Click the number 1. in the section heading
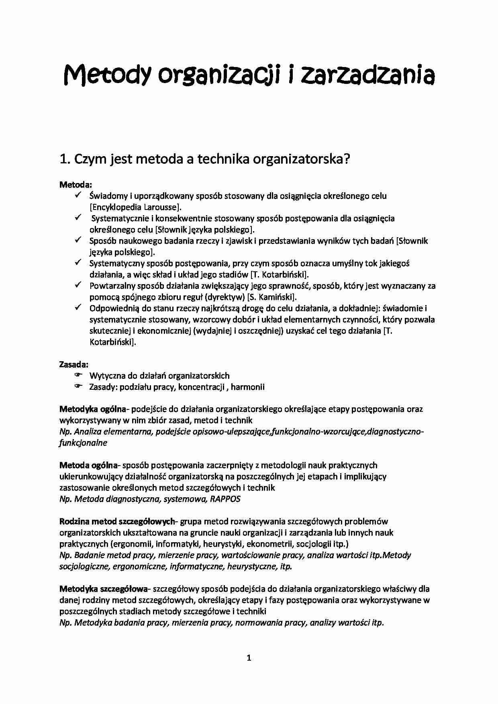point(65,159)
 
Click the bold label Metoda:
point(76,185)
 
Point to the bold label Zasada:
point(74,364)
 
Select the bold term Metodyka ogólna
point(93,409)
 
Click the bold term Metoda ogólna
point(88,466)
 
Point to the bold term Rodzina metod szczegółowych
point(117,522)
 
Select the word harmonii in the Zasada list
point(248,387)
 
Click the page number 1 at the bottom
point(249,658)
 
